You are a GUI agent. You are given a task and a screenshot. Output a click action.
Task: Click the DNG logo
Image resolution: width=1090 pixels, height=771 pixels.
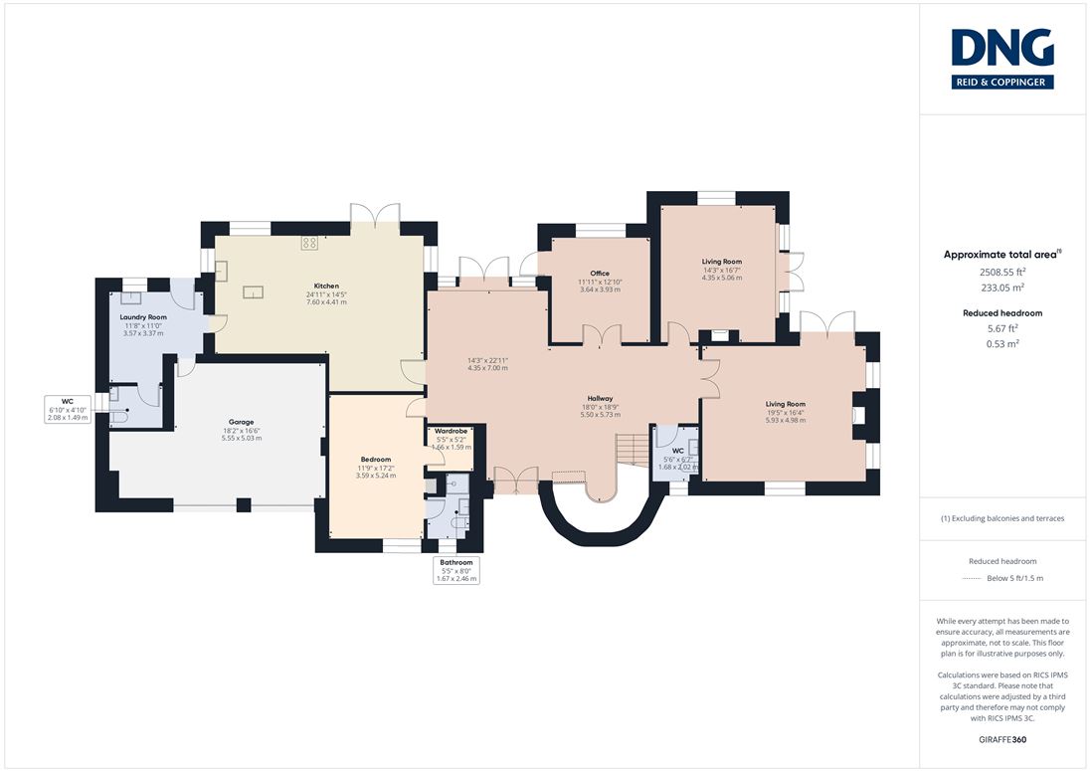1002,59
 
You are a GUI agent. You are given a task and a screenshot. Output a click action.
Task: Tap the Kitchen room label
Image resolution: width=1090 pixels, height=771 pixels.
326,286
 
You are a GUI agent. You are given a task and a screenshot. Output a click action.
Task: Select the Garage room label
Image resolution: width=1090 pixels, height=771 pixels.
242,422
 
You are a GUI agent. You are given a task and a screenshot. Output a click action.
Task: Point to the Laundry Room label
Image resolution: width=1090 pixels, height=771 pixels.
143,317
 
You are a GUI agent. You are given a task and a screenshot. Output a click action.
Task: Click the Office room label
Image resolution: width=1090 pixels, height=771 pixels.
600,274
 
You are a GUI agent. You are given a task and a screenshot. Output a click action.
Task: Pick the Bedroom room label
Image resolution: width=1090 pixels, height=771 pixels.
375,460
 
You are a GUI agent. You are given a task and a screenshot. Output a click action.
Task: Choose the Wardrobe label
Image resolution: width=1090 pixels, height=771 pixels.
452,431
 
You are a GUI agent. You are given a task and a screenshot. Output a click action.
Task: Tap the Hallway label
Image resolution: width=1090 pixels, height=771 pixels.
600,398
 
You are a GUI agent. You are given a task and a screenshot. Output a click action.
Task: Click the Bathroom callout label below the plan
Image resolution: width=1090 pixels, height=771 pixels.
456,562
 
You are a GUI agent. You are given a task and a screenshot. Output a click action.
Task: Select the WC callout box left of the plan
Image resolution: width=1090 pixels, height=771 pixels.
68,410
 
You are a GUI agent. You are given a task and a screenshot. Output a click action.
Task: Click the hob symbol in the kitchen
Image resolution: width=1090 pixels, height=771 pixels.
309,243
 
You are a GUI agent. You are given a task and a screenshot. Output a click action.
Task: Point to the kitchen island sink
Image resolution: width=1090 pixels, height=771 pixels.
253,292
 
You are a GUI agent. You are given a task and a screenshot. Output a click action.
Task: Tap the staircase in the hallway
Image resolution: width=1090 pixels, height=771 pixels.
633,449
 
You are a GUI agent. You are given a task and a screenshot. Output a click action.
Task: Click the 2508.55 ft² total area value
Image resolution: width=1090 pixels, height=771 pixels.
1002,273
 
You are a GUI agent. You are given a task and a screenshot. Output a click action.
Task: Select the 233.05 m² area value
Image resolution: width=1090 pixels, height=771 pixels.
1002,288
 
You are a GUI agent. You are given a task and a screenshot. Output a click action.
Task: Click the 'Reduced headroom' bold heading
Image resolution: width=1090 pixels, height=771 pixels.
1002,312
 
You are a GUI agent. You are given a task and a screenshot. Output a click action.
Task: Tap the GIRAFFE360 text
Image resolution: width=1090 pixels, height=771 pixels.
1002,740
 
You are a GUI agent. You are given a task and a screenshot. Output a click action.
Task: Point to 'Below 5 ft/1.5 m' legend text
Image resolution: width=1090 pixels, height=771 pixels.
1015,578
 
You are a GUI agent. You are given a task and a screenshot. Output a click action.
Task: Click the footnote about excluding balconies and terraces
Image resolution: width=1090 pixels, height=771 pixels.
1002,518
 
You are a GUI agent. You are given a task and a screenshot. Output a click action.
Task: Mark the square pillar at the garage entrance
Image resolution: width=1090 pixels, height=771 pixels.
244,504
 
